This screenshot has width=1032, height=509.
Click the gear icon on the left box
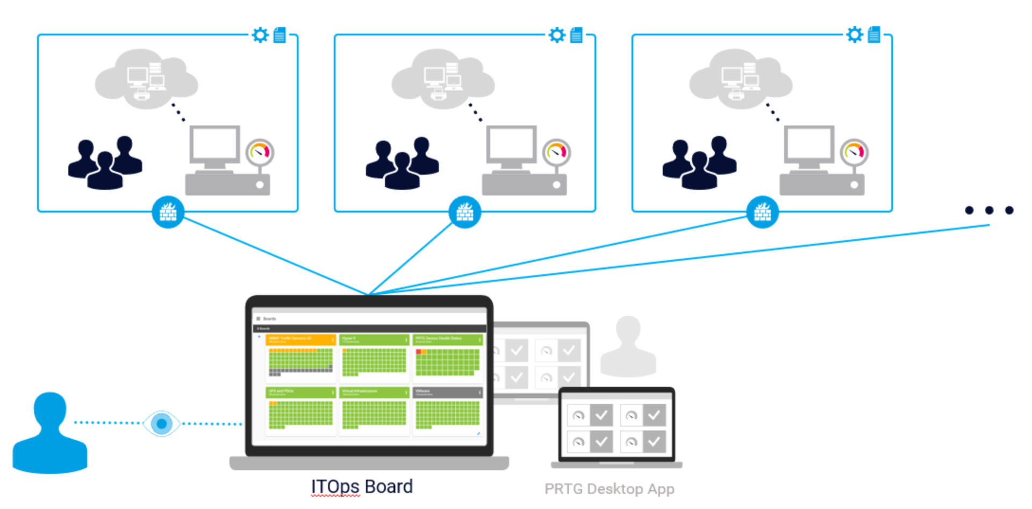(x=260, y=35)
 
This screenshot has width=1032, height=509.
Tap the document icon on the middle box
(x=576, y=35)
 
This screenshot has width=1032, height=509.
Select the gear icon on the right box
(x=854, y=35)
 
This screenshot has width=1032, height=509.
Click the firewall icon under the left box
(x=168, y=212)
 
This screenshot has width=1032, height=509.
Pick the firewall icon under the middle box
(x=465, y=212)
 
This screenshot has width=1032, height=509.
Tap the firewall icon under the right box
(x=762, y=212)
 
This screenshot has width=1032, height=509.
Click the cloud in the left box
(x=146, y=79)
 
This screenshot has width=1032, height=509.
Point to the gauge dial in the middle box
(x=556, y=152)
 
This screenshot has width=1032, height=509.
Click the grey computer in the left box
(x=226, y=161)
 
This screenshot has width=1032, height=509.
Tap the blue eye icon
(x=161, y=424)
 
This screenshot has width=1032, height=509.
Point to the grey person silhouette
(x=628, y=346)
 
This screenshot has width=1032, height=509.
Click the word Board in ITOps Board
(x=389, y=486)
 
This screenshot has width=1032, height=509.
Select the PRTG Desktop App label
(x=609, y=489)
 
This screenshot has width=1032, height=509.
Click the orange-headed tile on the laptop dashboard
(x=300, y=357)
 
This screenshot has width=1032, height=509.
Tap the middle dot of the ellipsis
(x=989, y=210)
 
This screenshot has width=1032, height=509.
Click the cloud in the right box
(x=740, y=79)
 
